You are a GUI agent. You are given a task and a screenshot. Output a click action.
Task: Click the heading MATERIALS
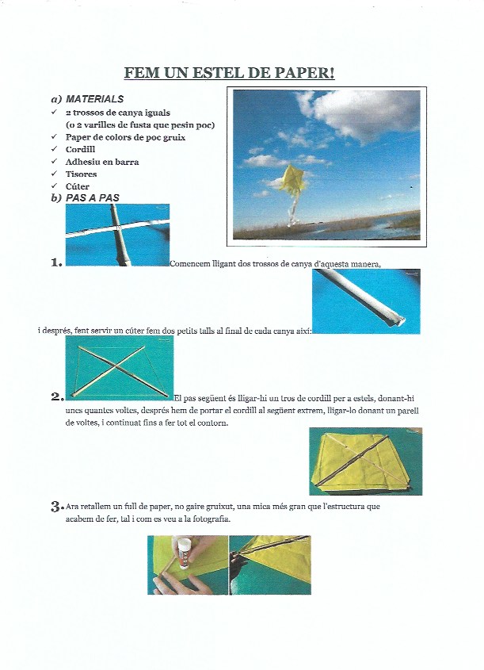click(94, 100)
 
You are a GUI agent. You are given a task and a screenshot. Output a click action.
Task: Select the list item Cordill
click(81, 149)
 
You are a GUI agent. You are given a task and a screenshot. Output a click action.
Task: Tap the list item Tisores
click(81, 174)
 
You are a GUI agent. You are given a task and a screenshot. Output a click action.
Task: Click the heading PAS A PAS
click(93, 197)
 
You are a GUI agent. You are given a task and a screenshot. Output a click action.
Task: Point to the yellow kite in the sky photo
click(293, 179)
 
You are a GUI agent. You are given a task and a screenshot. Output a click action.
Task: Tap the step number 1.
click(55, 262)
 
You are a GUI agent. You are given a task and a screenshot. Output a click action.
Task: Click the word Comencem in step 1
click(190, 264)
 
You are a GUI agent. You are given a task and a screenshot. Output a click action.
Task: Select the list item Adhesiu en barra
click(102, 162)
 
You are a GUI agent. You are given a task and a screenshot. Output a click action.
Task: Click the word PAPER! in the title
click(305, 74)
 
